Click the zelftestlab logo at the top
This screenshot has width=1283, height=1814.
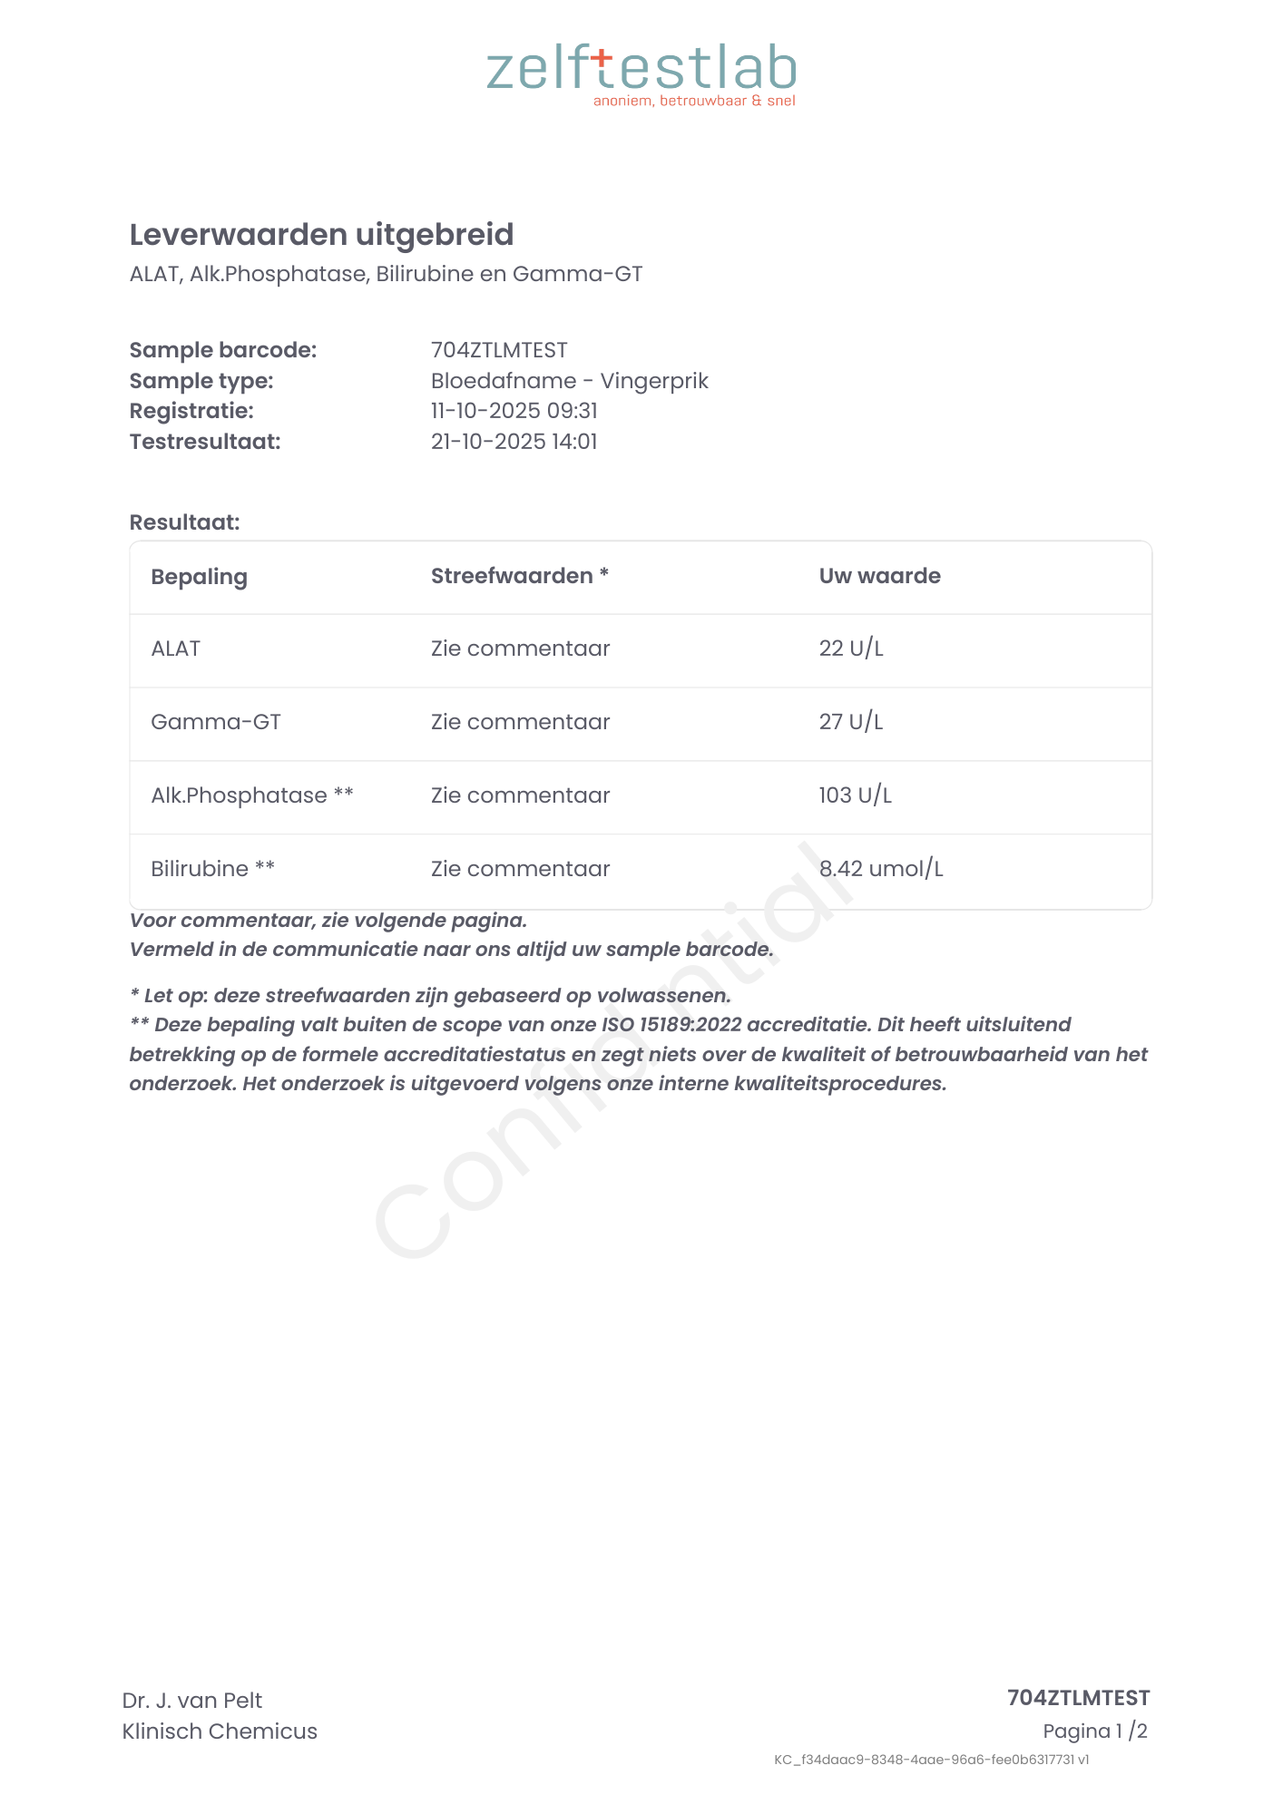pyautogui.click(x=641, y=73)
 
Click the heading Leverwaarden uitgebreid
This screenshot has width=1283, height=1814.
pyautogui.click(x=321, y=235)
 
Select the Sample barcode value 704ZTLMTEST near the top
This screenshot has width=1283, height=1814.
pyautogui.click(x=499, y=350)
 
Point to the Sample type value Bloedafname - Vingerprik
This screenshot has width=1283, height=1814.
pyautogui.click(x=569, y=381)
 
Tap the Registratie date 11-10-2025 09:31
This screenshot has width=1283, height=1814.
pyautogui.click(x=514, y=411)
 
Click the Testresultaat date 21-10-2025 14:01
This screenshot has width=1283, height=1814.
pyautogui.click(x=514, y=442)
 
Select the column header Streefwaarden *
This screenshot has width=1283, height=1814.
pyautogui.click(x=519, y=576)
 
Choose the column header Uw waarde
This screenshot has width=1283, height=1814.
pyautogui.click(x=879, y=576)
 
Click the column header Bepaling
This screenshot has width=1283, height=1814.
pyautogui.click(x=199, y=577)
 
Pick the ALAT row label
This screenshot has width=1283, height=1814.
pyautogui.click(x=175, y=649)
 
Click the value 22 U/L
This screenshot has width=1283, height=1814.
pyautogui.click(x=850, y=649)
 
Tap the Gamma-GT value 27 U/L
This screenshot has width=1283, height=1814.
pyautogui.click(x=850, y=722)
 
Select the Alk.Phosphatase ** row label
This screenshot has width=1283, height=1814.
pyautogui.click(x=251, y=795)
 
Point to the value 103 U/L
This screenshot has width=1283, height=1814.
pyautogui.click(x=855, y=795)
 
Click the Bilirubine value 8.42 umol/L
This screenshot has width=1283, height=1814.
pyautogui.click(x=880, y=869)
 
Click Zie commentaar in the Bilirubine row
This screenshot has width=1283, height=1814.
pyautogui.click(x=520, y=869)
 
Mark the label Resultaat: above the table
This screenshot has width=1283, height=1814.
pyautogui.click(x=184, y=522)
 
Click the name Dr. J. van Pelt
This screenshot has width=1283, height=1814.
pyautogui.click(x=191, y=1701)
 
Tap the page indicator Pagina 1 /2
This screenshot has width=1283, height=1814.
pyautogui.click(x=1094, y=1731)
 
